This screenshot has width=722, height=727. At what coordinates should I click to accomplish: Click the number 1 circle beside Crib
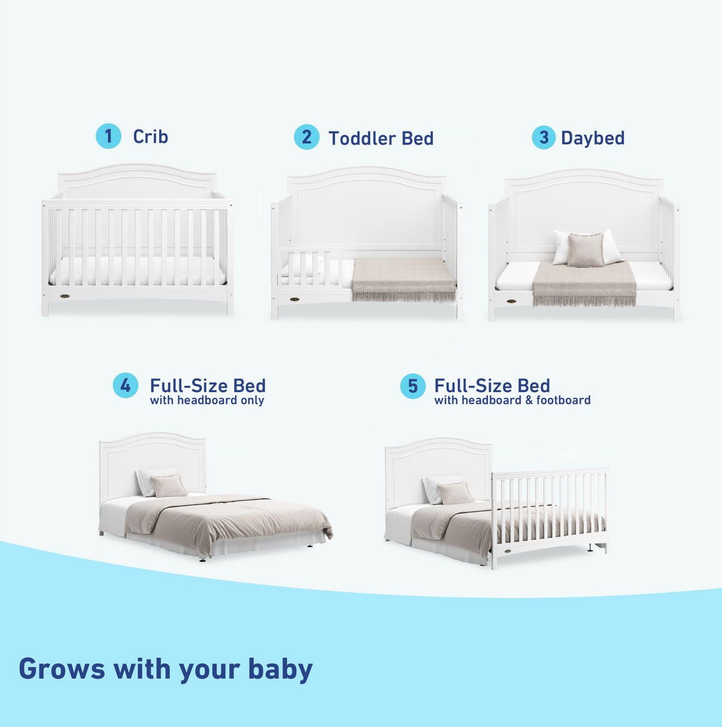(x=108, y=136)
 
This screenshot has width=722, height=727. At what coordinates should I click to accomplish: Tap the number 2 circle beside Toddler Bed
(x=306, y=137)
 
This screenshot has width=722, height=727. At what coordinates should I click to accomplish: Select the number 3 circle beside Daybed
(x=544, y=138)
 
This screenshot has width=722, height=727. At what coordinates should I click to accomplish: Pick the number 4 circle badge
(x=126, y=386)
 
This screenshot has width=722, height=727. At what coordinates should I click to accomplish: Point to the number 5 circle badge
(x=413, y=386)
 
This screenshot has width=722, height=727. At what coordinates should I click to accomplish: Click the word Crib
(x=150, y=137)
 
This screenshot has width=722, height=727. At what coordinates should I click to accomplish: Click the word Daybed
(x=593, y=138)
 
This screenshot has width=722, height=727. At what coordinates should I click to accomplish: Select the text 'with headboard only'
(x=207, y=400)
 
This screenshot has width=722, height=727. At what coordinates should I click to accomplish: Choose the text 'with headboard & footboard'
(x=512, y=400)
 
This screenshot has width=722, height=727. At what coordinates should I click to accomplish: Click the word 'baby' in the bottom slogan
(x=280, y=669)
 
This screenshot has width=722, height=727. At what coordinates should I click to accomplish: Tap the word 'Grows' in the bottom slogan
(x=62, y=669)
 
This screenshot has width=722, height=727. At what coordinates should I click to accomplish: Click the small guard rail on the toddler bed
(x=310, y=269)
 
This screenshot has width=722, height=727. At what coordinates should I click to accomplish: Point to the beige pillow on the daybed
(x=586, y=249)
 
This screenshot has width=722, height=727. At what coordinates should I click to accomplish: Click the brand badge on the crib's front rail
(x=66, y=295)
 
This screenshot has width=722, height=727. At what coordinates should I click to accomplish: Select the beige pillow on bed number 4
(x=168, y=486)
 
